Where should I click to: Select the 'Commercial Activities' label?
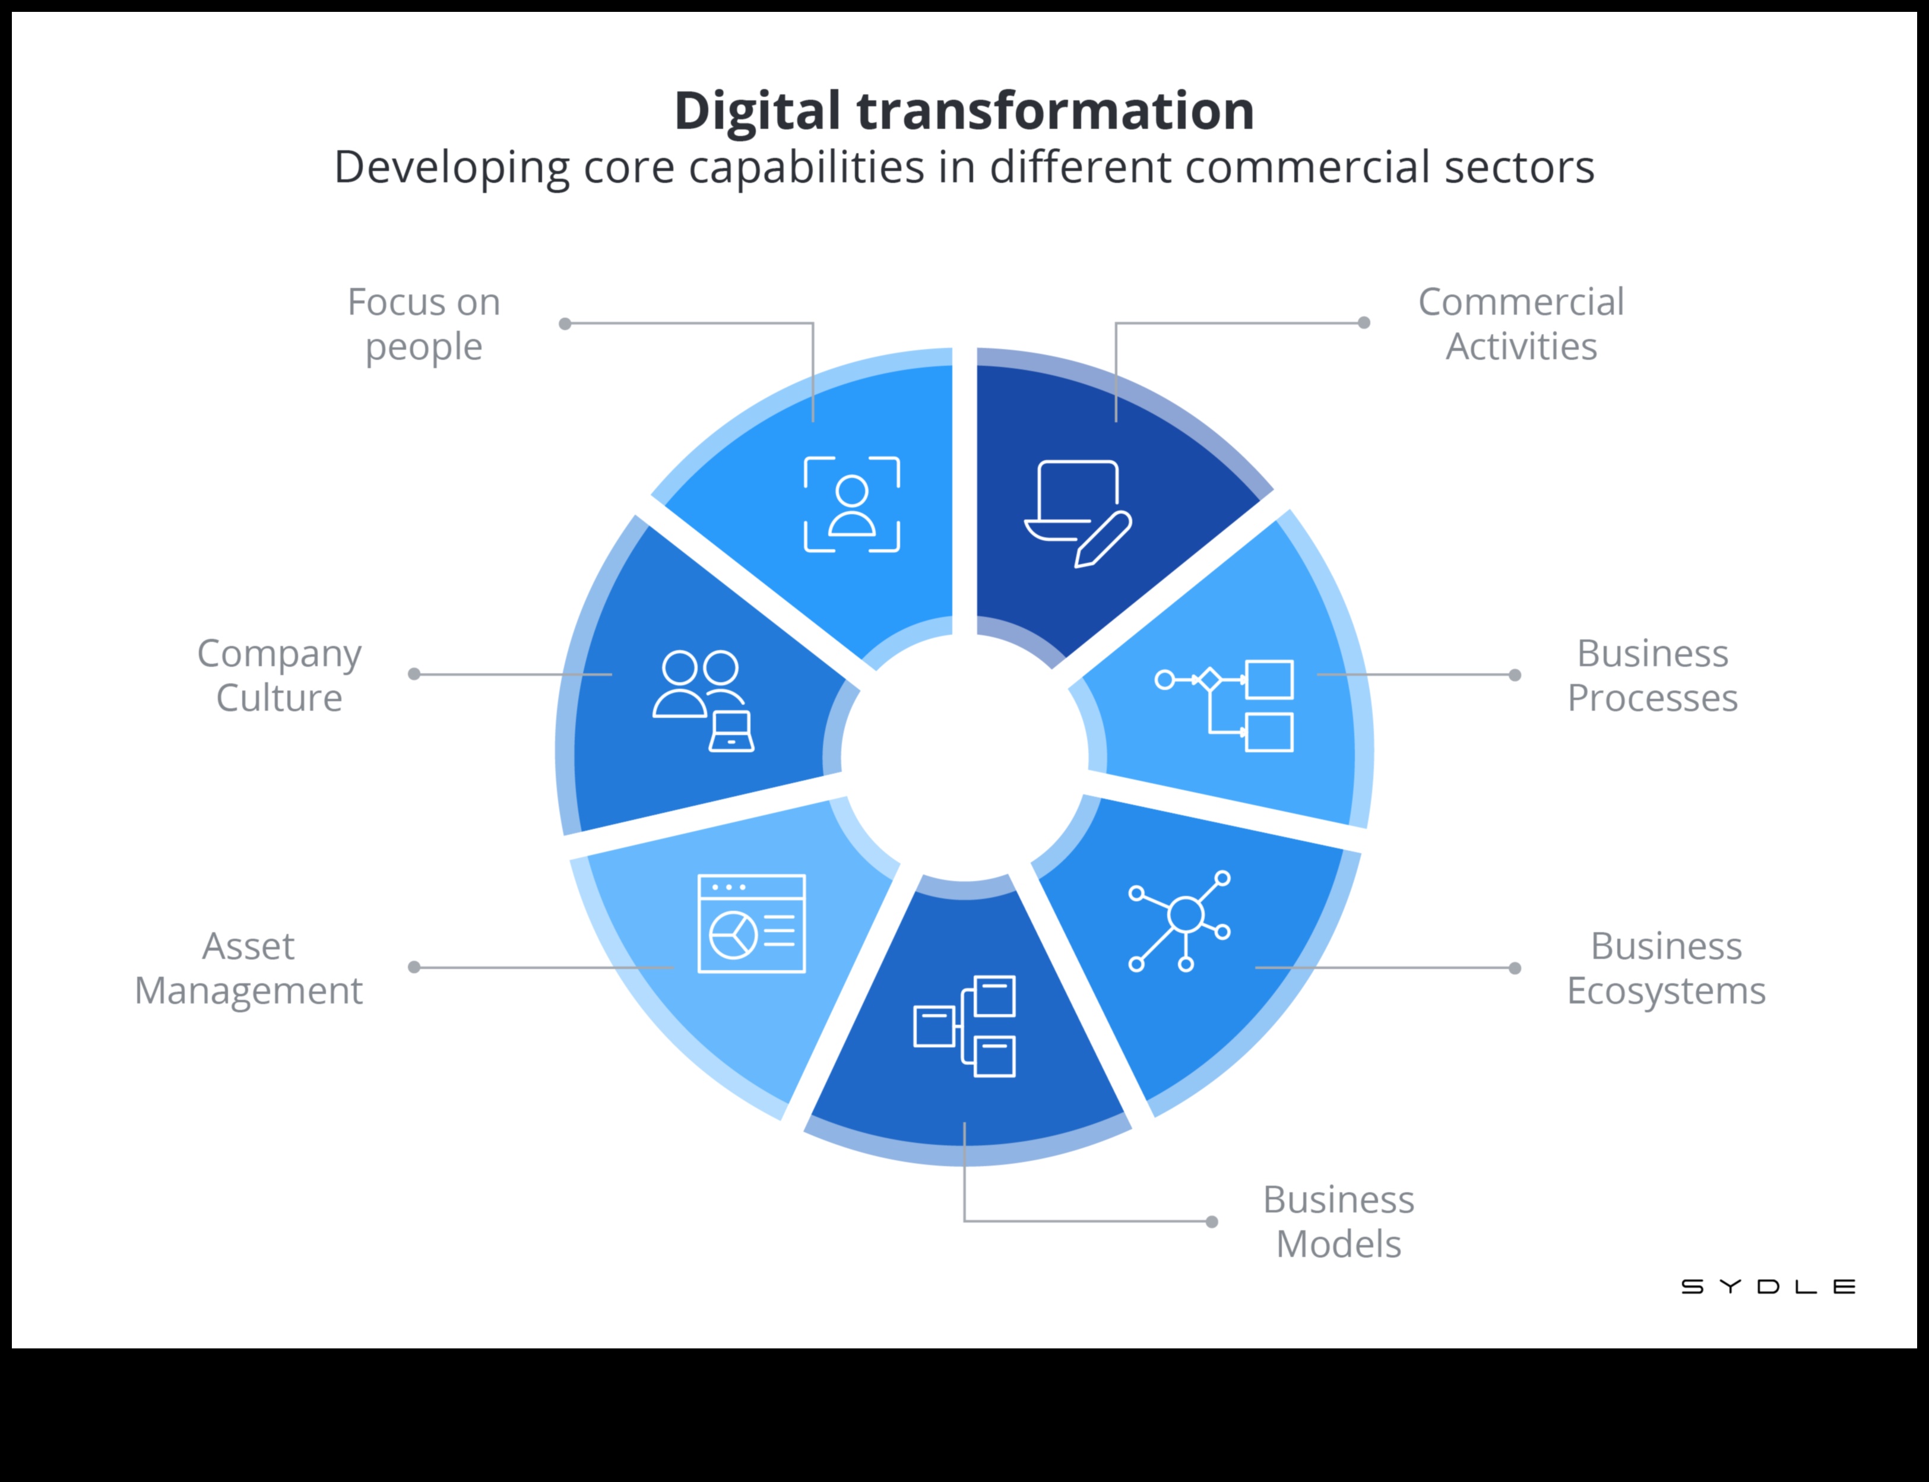1521,324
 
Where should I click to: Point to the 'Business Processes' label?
1652,675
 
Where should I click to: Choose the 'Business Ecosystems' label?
1665,968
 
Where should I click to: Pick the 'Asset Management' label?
249,968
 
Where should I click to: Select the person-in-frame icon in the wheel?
851,505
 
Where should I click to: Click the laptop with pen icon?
1078,512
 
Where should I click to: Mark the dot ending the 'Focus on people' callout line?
565,324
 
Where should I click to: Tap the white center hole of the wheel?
964,756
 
